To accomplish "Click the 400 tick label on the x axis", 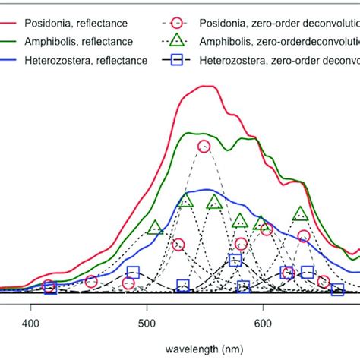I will [x=31, y=323].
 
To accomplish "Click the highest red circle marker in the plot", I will [x=204, y=147].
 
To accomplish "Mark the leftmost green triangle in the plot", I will [x=155, y=227].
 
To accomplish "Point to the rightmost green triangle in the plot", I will [x=301, y=213].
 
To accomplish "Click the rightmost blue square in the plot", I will [x=337, y=289].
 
